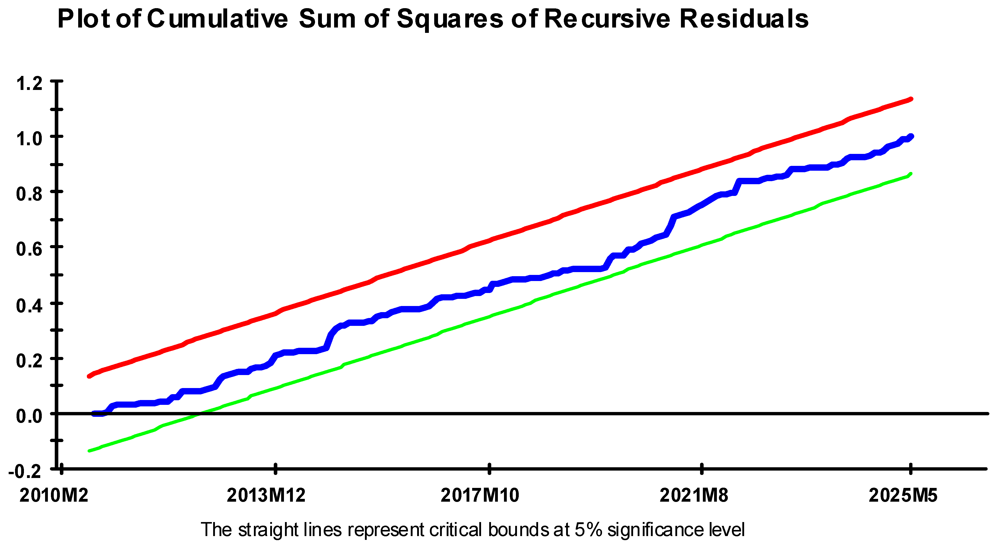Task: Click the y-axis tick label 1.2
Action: coord(29,84)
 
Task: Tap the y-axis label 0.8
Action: coord(29,194)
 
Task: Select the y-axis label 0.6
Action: coord(29,249)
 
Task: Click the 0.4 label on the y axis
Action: coord(29,305)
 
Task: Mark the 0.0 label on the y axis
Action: coord(29,416)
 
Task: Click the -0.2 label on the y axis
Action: coord(25,471)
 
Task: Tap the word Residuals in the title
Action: coord(744,19)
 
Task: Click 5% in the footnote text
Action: coord(588,529)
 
